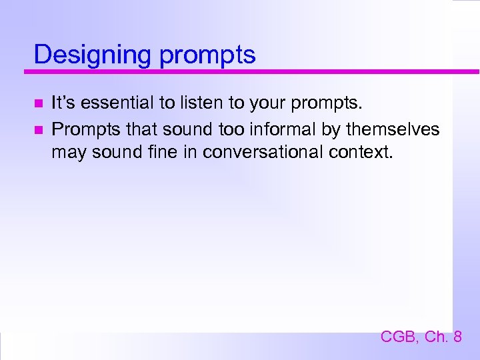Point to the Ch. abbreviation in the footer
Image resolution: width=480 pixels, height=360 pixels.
(x=435, y=337)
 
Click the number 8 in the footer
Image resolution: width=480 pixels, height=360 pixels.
(x=457, y=337)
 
